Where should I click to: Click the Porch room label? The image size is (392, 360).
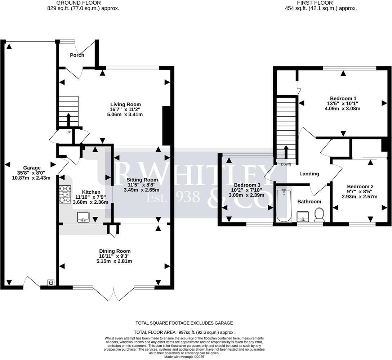click(77, 55)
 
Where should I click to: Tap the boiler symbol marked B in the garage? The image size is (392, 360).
click(50, 283)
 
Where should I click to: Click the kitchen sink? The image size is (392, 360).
click(84, 217)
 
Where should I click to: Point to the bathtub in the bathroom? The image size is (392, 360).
click(284, 206)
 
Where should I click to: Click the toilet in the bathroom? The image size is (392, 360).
click(319, 215)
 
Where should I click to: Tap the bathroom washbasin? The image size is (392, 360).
click(303, 217)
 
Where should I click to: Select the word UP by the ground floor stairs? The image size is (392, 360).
click(68, 132)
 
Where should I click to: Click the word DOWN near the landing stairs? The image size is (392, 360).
click(286, 164)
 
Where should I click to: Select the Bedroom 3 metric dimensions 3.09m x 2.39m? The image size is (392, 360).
click(247, 195)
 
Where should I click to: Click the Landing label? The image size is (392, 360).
click(309, 174)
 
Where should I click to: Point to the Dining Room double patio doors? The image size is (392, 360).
click(114, 294)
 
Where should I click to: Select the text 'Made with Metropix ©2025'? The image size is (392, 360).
click(184, 356)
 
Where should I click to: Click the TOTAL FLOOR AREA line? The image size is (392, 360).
click(184, 333)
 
